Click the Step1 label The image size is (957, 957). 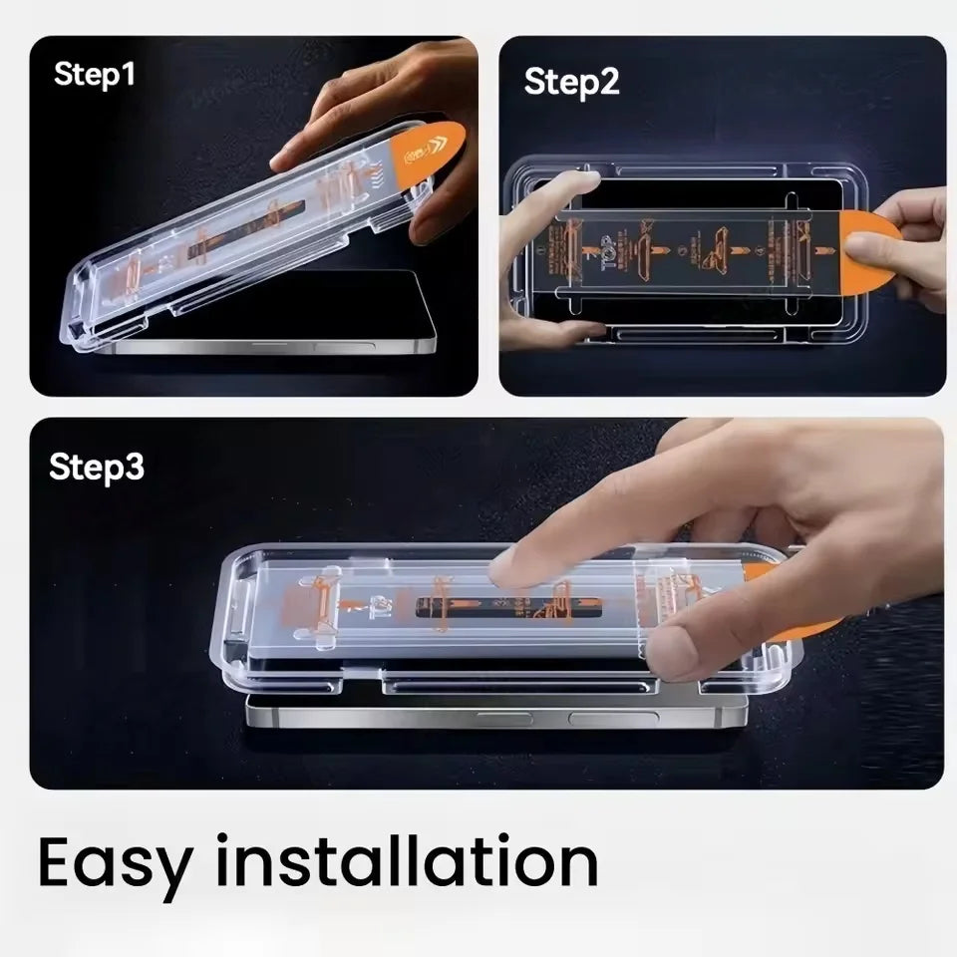[x=94, y=74]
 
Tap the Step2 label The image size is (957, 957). [x=571, y=82]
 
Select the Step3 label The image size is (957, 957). [x=97, y=467]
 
